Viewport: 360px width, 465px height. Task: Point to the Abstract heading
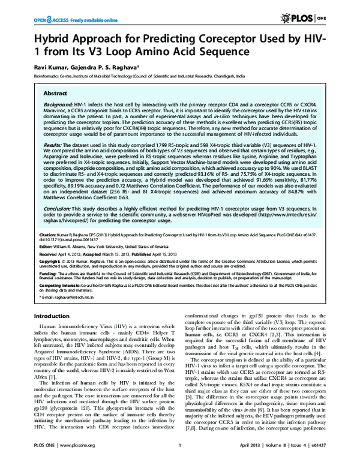click(56, 94)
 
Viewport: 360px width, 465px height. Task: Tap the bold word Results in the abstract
click(55, 145)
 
